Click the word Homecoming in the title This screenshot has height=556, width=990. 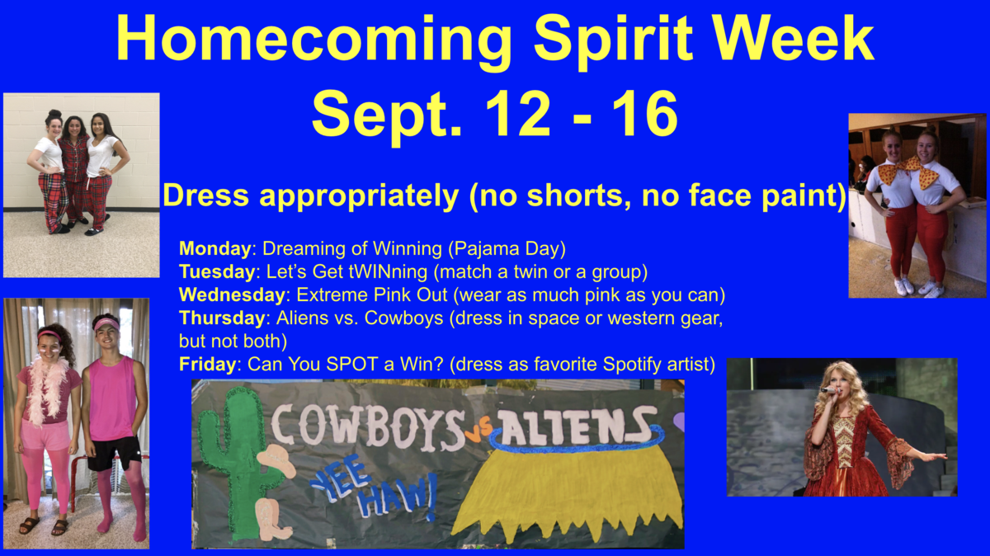click(x=313, y=40)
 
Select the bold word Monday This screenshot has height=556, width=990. click(x=214, y=248)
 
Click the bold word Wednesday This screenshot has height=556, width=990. click(x=232, y=294)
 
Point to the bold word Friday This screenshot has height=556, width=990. click(x=208, y=364)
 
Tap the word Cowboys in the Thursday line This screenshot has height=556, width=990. click(x=403, y=318)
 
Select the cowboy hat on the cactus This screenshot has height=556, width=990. click(x=276, y=460)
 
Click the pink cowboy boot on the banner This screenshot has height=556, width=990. click(x=271, y=520)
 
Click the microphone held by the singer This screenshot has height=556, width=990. click(x=829, y=391)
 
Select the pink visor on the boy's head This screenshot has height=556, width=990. click(x=106, y=324)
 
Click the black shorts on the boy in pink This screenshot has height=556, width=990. click(x=114, y=453)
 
